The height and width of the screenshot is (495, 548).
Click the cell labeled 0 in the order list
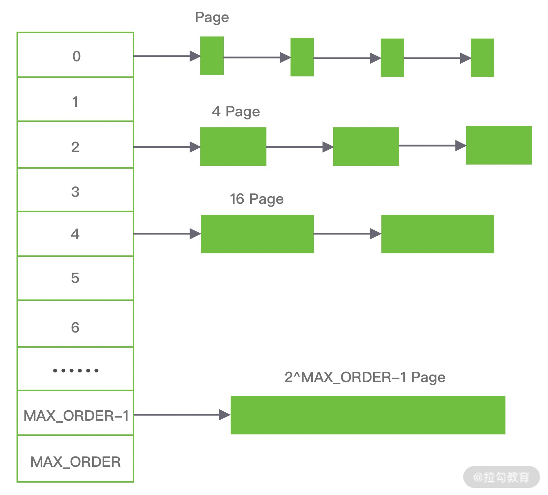pyautogui.click(x=75, y=55)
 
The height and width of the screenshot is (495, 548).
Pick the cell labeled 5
pyautogui.click(x=75, y=278)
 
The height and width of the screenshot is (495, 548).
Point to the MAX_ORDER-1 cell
pyautogui.click(x=75, y=415)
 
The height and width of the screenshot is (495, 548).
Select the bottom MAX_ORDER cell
pyautogui.click(x=75, y=461)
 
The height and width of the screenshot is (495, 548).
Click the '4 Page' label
pyautogui.click(x=236, y=112)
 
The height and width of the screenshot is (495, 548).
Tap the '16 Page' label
pyautogui.click(x=256, y=199)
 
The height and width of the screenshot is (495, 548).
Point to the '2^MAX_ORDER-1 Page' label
pyautogui.click(x=365, y=377)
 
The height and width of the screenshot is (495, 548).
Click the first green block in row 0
pyautogui.click(x=212, y=56)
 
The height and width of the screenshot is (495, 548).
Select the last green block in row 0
pyautogui.click(x=482, y=58)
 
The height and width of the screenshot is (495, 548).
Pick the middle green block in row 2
pyautogui.click(x=366, y=147)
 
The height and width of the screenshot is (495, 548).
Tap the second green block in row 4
pyautogui.click(x=438, y=234)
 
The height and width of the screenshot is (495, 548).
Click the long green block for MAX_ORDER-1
pyautogui.click(x=368, y=415)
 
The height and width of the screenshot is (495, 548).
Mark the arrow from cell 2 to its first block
pyautogui.click(x=167, y=147)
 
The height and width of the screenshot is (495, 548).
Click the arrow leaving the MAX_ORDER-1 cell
pyautogui.click(x=182, y=415)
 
